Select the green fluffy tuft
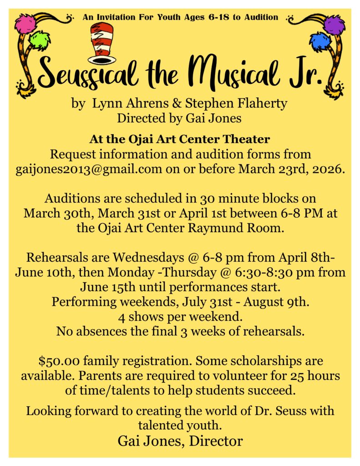[x=40, y=40]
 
